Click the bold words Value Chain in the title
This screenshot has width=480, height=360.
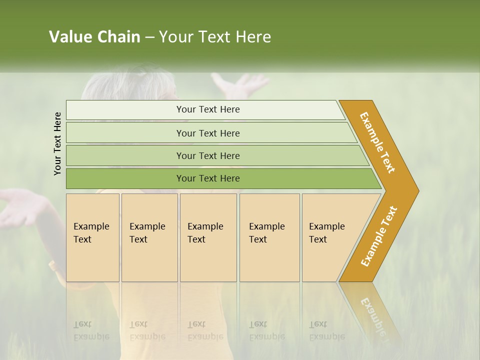click(x=94, y=37)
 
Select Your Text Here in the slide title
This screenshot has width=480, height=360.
click(x=215, y=37)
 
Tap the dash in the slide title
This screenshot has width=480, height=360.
click(x=149, y=37)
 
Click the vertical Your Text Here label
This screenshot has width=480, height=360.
click(x=57, y=143)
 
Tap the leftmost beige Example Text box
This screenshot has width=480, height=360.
click(x=92, y=237)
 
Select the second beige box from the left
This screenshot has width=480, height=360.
click(x=149, y=237)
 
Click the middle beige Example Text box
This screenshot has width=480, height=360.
click(x=208, y=237)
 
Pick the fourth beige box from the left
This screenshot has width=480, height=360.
click(x=269, y=237)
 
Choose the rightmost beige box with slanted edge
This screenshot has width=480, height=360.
click(x=330, y=237)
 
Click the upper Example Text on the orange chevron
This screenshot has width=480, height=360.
click(x=378, y=142)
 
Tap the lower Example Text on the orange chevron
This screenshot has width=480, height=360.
click(x=379, y=236)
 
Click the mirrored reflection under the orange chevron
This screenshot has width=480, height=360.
click(x=372, y=310)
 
